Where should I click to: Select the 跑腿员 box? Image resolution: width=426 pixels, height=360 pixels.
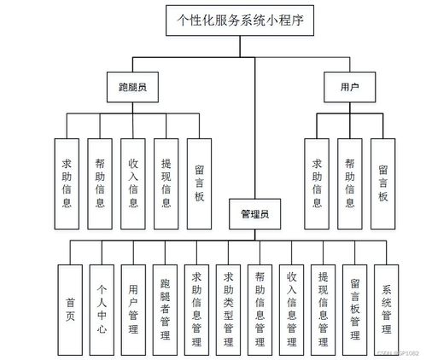point(132,87)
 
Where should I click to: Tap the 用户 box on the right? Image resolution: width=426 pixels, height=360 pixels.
point(348,87)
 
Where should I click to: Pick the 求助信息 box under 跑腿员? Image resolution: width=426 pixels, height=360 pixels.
point(67,183)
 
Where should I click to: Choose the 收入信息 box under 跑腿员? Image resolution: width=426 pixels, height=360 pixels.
point(133,183)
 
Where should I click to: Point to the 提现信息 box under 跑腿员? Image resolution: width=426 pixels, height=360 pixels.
point(165,183)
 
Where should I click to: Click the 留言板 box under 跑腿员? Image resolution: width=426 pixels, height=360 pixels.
point(198,183)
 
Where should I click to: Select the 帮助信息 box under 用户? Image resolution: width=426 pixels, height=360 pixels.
point(350,183)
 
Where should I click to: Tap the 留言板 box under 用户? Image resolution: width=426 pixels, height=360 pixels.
point(383,183)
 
